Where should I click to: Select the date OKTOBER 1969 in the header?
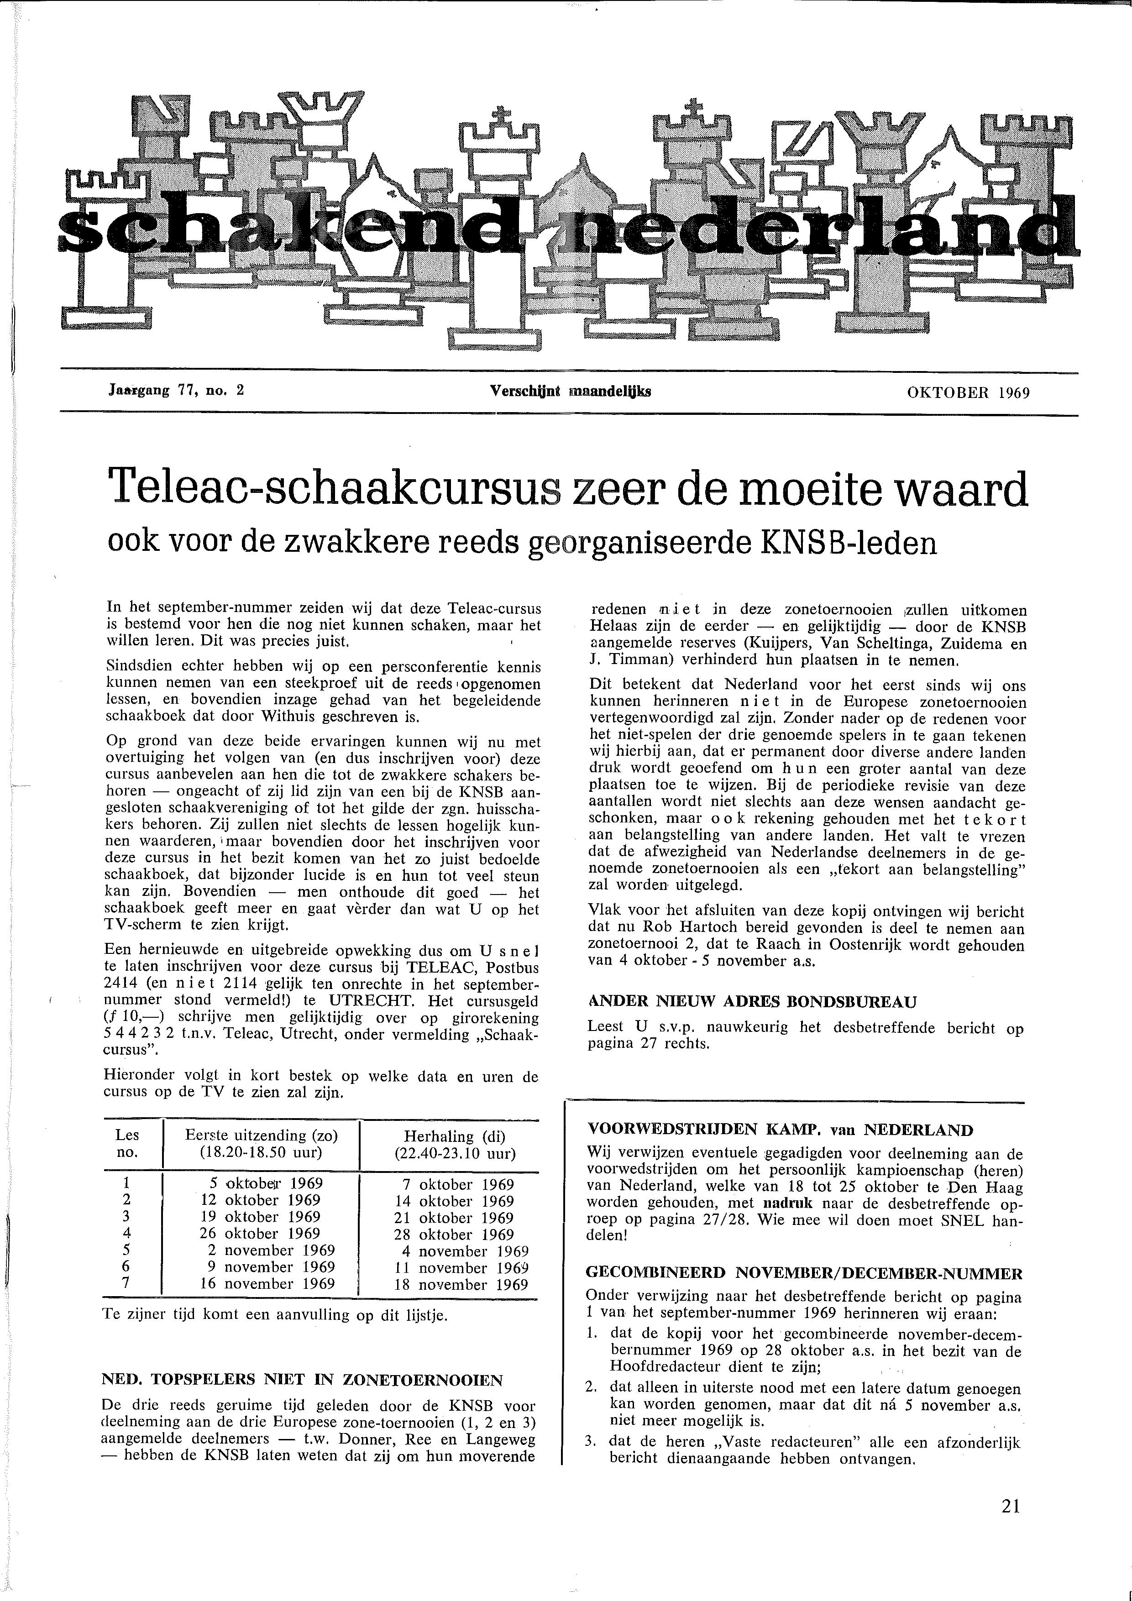point(968,392)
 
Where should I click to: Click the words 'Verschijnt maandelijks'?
point(571,391)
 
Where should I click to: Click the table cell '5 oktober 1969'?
point(267,1183)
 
